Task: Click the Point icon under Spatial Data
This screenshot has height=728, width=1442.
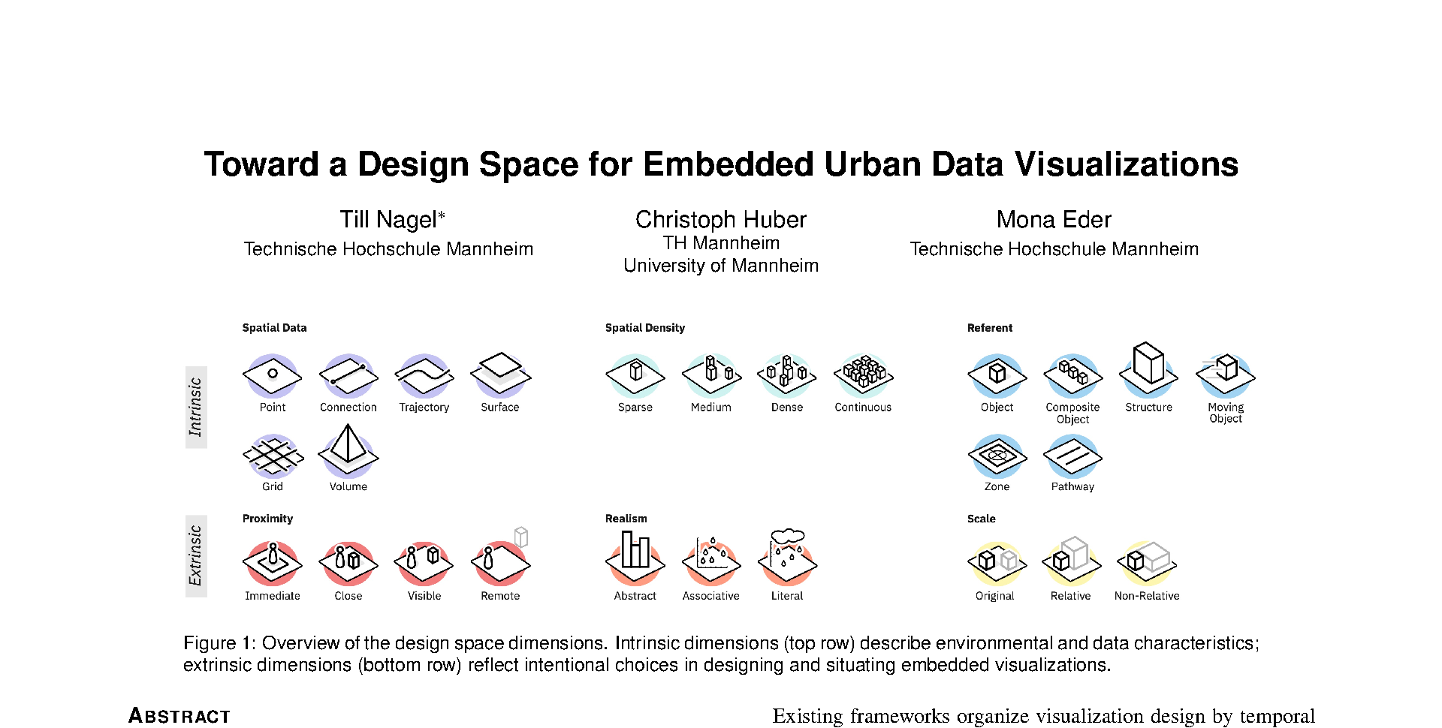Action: click(x=273, y=375)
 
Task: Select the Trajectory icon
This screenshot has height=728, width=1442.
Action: click(x=424, y=375)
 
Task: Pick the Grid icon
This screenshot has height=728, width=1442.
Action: click(x=273, y=456)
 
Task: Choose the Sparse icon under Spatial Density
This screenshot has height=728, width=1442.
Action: click(x=635, y=375)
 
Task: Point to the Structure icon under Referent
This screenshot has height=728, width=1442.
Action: click(x=1148, y=369)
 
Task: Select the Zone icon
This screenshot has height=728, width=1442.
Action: click(x=997, y=456)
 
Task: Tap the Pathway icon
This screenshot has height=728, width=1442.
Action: click(x=1072, y=456)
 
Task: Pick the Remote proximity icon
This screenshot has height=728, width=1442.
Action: click(x=501, y=559)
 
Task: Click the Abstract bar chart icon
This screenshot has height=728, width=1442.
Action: click(x=635, y=558)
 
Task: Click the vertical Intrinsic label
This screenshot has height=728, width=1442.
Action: click(x=195, y=407)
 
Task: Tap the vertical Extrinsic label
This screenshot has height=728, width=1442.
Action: click(x=195, y=556)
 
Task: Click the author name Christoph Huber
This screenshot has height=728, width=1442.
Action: click(x=721, y=219)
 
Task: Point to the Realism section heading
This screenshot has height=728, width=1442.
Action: click(x=626, y=519)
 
